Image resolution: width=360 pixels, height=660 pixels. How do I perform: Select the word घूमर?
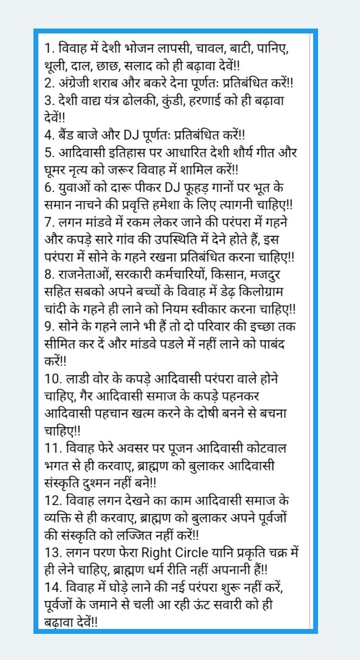coord(59,167)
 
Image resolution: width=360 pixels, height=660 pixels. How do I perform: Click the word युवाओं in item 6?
coord(74,184)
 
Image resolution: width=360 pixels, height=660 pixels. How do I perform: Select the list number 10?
coord(53,378)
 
